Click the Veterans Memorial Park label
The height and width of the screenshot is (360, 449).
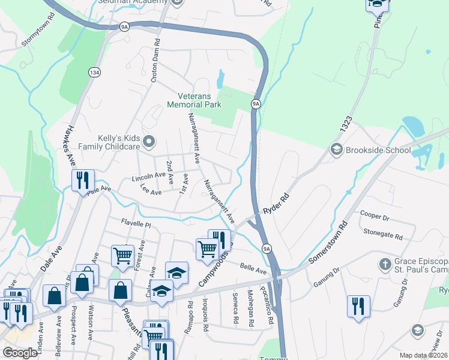click(x=200, y=100)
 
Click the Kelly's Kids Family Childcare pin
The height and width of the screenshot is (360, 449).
click(x=150, y=142)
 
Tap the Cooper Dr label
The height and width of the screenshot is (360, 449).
click(x=375, y=214)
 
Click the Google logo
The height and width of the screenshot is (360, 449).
click(x=20, y=353)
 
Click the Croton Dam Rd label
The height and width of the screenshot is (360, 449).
click(x=155, y=61)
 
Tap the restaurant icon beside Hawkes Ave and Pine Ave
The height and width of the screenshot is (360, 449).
click(x=83, y=180)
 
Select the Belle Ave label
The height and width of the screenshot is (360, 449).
click(x=253, y=268)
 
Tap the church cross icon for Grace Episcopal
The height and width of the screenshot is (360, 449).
click(x=387, y=263)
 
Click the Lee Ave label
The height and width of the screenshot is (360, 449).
click(x=151, y=191)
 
